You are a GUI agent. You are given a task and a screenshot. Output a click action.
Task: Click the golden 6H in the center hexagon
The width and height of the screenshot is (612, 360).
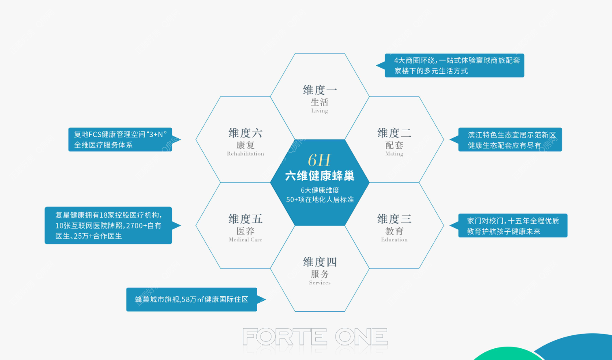pos(319,160)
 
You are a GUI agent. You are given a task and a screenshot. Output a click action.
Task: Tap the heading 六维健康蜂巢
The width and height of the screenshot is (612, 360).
pos(320,176)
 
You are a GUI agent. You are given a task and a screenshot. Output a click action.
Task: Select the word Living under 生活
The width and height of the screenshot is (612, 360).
pos(319,110)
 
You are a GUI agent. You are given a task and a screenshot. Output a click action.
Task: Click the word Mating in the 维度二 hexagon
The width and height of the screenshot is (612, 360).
pos(394,154)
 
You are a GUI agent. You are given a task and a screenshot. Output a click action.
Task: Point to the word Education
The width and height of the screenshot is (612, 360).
pos(394,239)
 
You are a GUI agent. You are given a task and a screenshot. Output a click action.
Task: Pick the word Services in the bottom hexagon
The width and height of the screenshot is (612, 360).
pos(320,283)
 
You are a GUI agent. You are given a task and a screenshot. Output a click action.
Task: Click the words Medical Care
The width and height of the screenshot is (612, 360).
pos(246,239)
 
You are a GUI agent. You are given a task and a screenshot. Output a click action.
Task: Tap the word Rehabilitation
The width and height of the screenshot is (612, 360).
pos(246,154)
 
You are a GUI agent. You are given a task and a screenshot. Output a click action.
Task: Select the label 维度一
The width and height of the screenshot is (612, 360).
pos(320,90)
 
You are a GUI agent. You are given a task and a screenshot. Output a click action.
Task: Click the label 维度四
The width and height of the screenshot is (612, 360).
pos(320,262)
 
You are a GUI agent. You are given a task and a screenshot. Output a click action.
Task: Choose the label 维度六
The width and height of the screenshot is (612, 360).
pos(246,133)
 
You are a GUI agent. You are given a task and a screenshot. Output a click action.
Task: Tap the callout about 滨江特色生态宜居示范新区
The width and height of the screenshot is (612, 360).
pos(506,139)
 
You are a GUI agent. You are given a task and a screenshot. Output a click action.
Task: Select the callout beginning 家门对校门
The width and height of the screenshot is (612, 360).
pos(508,226)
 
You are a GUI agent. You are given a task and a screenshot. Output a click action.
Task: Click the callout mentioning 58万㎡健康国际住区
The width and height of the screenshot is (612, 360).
pos(196,300)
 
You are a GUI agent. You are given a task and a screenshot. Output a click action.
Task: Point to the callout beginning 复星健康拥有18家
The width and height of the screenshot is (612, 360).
pos(112,225)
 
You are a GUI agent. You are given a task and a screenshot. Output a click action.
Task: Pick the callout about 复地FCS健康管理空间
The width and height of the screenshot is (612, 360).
pos(124,139)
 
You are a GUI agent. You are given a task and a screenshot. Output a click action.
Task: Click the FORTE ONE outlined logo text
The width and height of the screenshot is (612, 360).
pos(315,337)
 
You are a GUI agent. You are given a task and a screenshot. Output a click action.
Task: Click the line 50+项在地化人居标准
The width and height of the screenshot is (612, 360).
pos(320,200)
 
